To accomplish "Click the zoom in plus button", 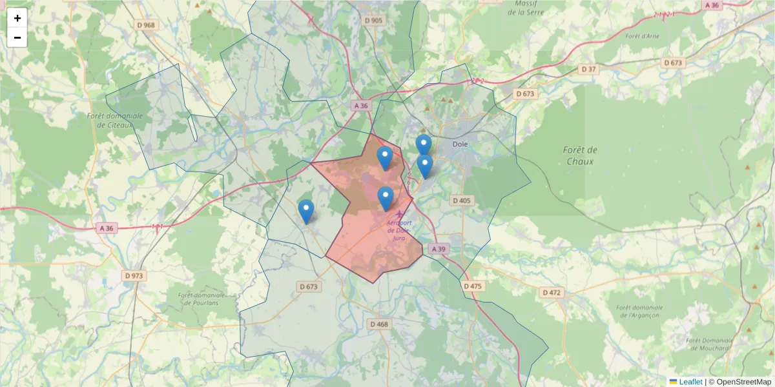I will pyautogui.click(x=17, y=18).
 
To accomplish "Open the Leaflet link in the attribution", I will pyautogui.click(x=690, y=382).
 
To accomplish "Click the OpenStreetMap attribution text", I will pyautogui.click(x=739, y=382).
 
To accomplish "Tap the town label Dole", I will pyautogui.click(x=460, y=144).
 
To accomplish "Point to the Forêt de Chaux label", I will pyautogui.click(x=579, y=155).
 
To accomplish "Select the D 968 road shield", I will pyautogui.click(x=146, y=25).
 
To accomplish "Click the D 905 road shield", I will pyautogui.click(x=373, y=20).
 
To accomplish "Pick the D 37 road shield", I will pyautogui.click(x=588, y=69).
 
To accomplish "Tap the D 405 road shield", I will pyautogui.click(x=462, y=201).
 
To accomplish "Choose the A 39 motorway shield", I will pyautogui.click(x=439, y=249).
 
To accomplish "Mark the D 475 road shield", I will pyautogui.click(x=473, y=286).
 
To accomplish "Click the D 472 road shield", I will pyautogui.click(x=552, y=292).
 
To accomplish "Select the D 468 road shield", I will pyautogui.click(x=379, y=324).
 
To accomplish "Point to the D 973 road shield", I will pyautogui.click(x=134, y=275).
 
